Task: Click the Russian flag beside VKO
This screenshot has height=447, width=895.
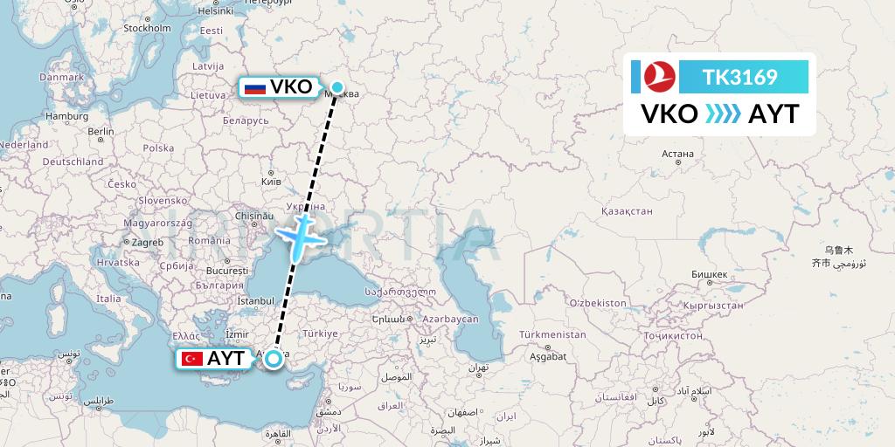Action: [255, 87]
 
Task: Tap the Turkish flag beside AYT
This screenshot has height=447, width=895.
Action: [192, 358]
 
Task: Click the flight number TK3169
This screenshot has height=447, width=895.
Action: [739, 77]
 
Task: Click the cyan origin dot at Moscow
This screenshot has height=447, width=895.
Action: [337, 86]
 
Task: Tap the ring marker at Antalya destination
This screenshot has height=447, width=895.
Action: [274, 358]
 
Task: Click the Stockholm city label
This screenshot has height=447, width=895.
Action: [147, 28]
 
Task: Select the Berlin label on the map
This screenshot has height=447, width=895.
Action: [101, 132]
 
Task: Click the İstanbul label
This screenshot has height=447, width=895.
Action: [255, 301]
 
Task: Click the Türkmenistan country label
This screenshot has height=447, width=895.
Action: [552, 334]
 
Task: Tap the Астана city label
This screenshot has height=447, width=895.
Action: [677, 154]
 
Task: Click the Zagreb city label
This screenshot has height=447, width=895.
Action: [148, 242]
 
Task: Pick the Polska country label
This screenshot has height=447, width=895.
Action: [158, 148]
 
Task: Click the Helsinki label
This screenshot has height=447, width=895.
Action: [216, 11]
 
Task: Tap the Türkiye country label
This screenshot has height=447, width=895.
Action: [320, 334]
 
